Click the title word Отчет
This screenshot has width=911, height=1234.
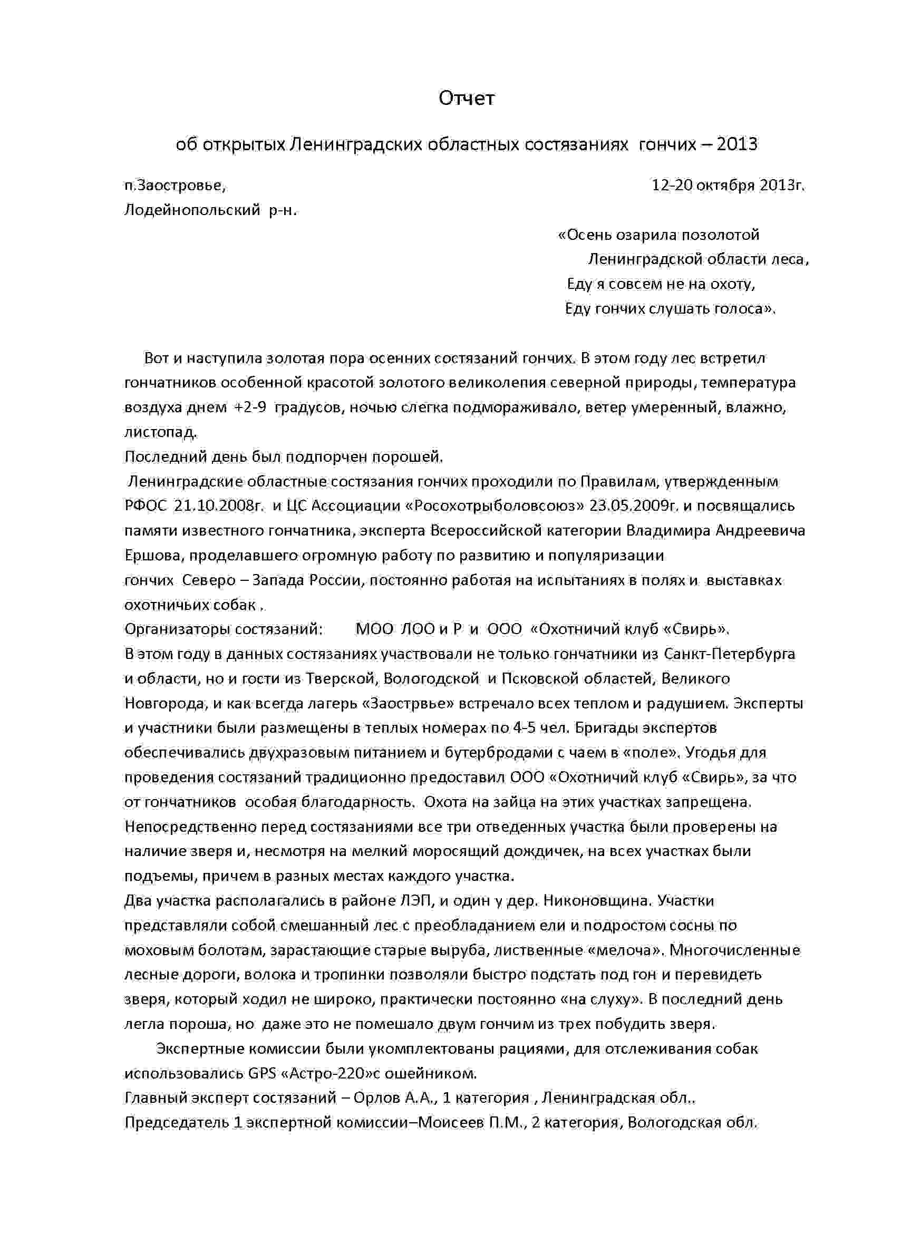pyautogui.click(x=467, y=98)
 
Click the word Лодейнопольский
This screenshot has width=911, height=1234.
pyautogui.click(x=192, y=210)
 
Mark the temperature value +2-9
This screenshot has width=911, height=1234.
pyautogui.click(x=250, y=407)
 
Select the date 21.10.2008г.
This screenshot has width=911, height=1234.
pyautogui.click(x=218, y=506)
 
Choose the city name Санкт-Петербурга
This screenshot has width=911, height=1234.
pyautogui.click(x=729, y=654)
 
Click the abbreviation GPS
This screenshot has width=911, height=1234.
pyautogui.click(x=262, y=1074)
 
